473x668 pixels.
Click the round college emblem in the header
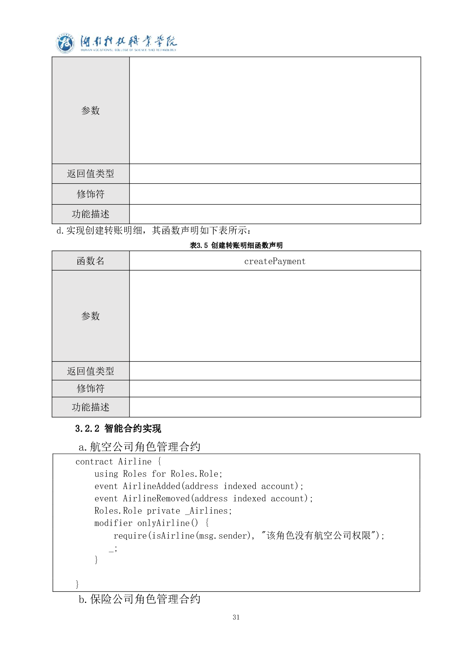pyautogui.click(x=65, y=43)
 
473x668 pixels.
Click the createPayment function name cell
pyautogui.click(x=275, y=261)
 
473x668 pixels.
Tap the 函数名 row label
pyautogui.click(x=91, y=261)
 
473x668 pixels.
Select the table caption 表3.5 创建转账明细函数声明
pyautogui.click(x=236, y=246)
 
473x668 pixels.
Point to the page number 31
pyautogui.click(x=236, y=617)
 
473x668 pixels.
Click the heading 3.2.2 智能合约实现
pyautogui.click(x=118, y=428)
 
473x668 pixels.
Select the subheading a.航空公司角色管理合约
pyautogui.click(x=139, y=447)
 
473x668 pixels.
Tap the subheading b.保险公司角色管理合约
pyautogui.click(x=139, y=599)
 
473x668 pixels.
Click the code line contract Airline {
pyautogui.click(x=118, y=462)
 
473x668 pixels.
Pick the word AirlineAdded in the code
pyautogui.click(x=152, y=486)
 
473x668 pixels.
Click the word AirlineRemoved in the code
pyautogui.click(x=156, y=499)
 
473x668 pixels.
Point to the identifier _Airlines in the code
pyautogui.click(x=207, y=511)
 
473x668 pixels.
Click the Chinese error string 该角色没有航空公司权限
pyautogui.click(x=319, y=536)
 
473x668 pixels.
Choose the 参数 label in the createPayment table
pyautogui.click(x=91, y=316)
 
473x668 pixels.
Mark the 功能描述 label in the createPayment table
pyautogui.click(x=91, y=407)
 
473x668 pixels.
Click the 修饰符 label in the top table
pyautogui.click(x=91, y=194)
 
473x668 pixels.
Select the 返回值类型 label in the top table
pyautogui.click(x=91, y=174)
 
